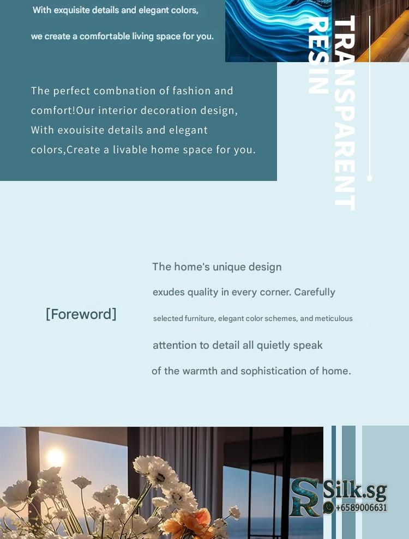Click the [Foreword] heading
pyautogui.click(x=81, y=314)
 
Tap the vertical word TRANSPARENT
pyautogui.click(x=344, y=113)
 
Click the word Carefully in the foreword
pyautogui.click(x=315, y=292)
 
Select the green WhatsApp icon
pyautogui.click(x=328, y=507)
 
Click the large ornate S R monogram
pyautogui.click(x=304, y=497)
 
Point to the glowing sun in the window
pyautogui.click(x=55, y=458)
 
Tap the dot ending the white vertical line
pyautogui.click(x=370, y=178)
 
